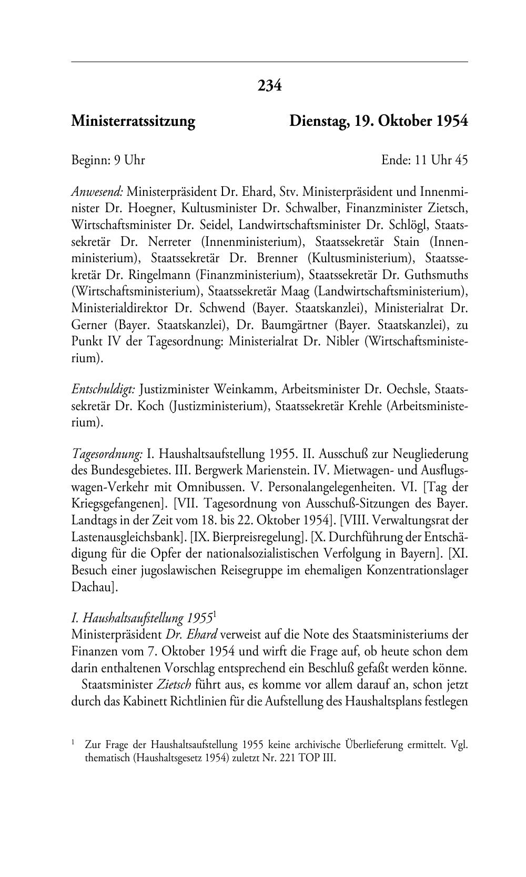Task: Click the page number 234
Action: tap(269, 85)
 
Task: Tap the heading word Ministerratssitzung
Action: tap(133, 122)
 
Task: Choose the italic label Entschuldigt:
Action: tap(104, 390)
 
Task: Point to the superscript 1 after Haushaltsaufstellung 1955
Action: tap(216, 613)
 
